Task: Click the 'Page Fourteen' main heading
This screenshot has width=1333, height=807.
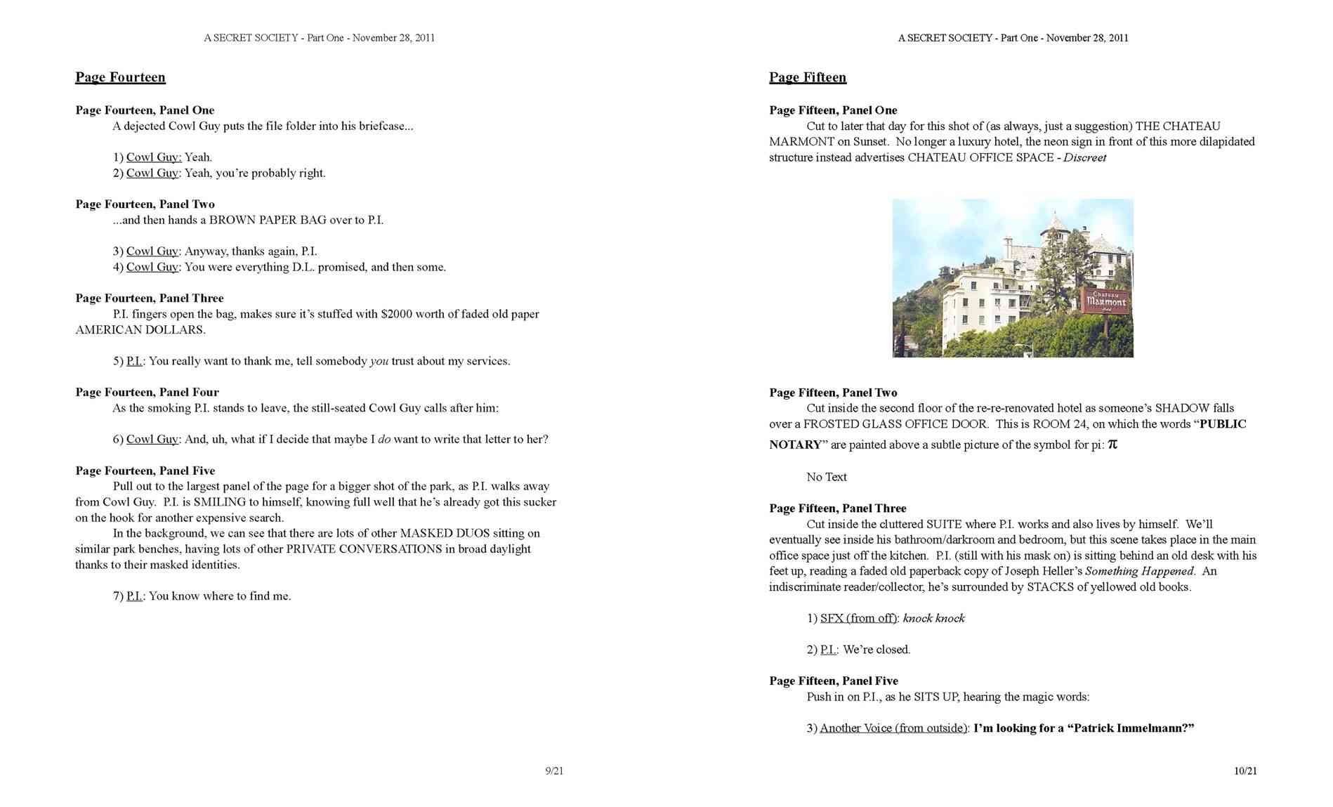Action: (120, 77)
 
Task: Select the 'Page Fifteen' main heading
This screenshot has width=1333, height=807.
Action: (807, 77)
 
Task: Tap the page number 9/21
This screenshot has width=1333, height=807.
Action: (554, 771)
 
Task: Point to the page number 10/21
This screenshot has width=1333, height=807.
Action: (1245, 771)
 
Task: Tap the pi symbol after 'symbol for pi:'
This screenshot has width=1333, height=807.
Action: (1112, 444)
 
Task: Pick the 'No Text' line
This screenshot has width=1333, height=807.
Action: (826, 477)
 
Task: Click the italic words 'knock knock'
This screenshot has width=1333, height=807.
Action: (933, 618)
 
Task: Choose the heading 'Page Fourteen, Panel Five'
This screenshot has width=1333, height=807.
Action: (145, 471)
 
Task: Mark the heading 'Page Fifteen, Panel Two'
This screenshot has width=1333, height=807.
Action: (833, 393)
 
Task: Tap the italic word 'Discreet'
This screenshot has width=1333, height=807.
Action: (1084, 157)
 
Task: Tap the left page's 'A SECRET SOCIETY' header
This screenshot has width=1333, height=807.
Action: (251, 38)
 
